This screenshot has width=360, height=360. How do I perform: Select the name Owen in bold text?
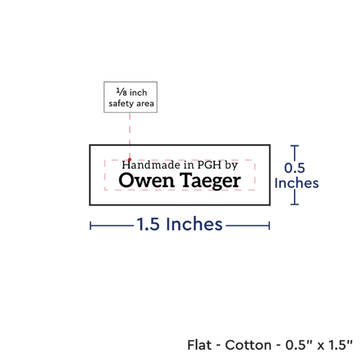point(147,181)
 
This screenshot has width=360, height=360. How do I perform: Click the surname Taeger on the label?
point(210,181)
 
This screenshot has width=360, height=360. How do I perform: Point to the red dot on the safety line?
point(130,160)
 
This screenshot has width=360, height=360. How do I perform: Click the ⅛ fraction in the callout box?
point(122,92)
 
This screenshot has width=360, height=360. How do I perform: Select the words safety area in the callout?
point(131,103)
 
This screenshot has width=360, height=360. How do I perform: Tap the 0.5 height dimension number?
point(295,168)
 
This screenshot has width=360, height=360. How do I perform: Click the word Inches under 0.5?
point(297,183)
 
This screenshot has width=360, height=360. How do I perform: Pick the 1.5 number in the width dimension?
point(148,224)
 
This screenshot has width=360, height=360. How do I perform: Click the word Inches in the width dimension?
point(194,224)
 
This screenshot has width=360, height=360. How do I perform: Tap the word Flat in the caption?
point(199,345)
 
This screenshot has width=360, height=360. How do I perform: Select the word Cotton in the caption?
point(248,345)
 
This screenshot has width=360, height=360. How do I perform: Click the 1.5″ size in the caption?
point(340,345)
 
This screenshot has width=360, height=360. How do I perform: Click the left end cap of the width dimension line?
point(90,226)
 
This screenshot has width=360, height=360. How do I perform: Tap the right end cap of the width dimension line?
point(269,226)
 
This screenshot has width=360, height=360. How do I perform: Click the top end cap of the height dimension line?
point(295,146)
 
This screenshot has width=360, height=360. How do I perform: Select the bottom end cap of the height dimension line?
point(295,204)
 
